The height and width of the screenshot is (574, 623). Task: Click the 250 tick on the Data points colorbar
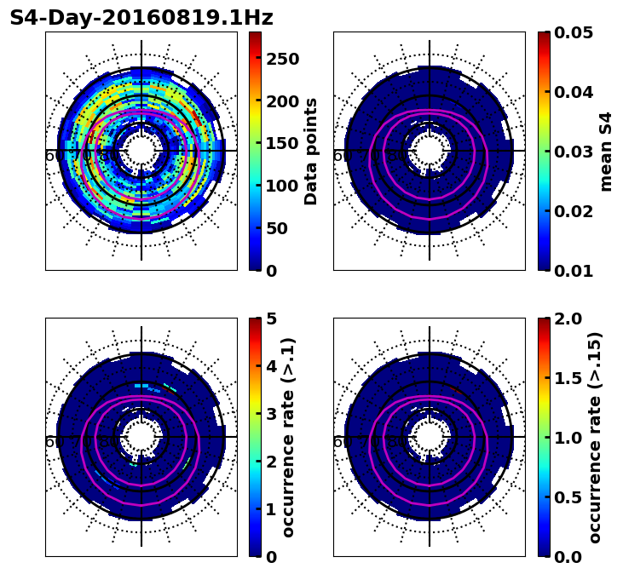tap(281, 59)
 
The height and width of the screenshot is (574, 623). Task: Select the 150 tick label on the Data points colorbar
tap(281, 143)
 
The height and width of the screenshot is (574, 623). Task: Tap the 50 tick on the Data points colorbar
tap(281, 228)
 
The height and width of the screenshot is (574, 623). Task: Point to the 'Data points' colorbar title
tap(311, 151)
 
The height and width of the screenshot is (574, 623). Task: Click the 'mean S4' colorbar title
tap(606, 151)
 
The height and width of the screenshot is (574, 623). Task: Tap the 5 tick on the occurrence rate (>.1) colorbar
tap(270, 319)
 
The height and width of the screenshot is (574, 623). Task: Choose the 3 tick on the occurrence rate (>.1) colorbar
tap(270, 414)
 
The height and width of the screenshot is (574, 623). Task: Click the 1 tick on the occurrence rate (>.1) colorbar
tap(270, 509)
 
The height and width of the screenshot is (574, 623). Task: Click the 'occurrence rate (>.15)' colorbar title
tap(595, 437)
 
